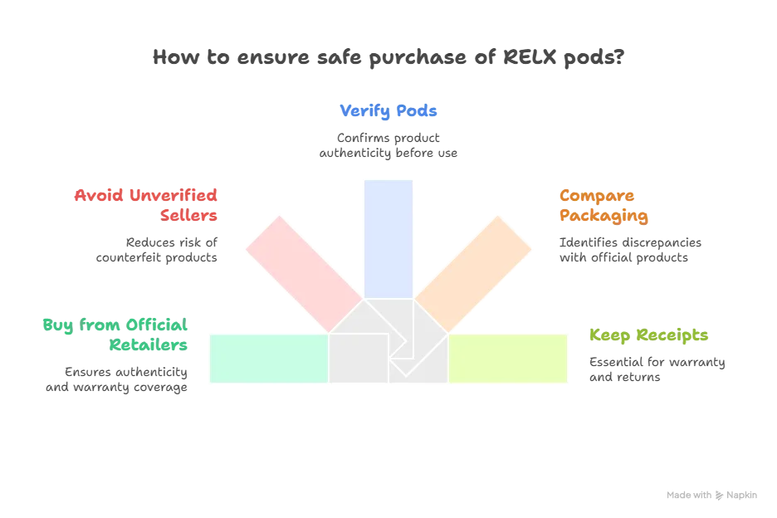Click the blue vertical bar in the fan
coord(388,239)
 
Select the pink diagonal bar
coord(305,274)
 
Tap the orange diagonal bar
coord(472,274)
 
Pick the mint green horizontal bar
coord(269,359)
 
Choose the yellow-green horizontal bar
coord(508,359)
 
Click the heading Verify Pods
coord(388,111)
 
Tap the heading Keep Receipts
coord(648,335)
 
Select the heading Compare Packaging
coord(604,205)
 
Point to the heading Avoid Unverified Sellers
coord(146,205)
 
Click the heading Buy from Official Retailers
coord(115,335)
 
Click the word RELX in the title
coord(530,57)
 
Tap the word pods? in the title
coord(594,58)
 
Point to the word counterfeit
coord(129,257)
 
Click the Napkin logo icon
coord(719,496)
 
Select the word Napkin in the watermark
coord(742,496)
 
